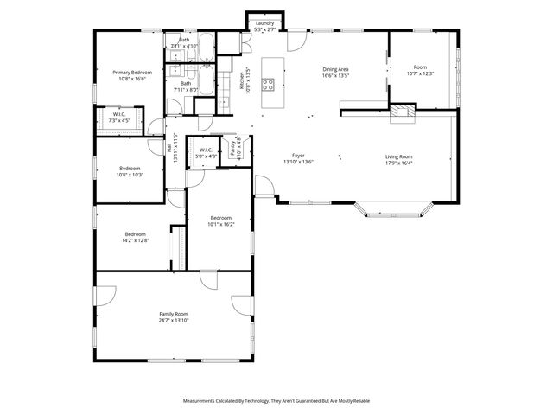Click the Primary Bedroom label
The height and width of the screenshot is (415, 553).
(x=131, y=73)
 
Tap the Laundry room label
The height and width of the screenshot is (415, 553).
(x=264, y=23)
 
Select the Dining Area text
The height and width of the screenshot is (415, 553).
(x=335, y=69)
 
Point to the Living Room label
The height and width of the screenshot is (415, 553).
(x=398, y=156)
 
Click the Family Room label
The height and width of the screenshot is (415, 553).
(x=174, y=314)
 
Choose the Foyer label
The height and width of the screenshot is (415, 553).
(x=298, y=156)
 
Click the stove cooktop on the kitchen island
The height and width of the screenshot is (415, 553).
(x=269, y=85)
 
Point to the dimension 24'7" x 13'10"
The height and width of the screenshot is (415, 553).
(x=174, y=321)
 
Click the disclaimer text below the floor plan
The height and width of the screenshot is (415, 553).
(x=276, y=401)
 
